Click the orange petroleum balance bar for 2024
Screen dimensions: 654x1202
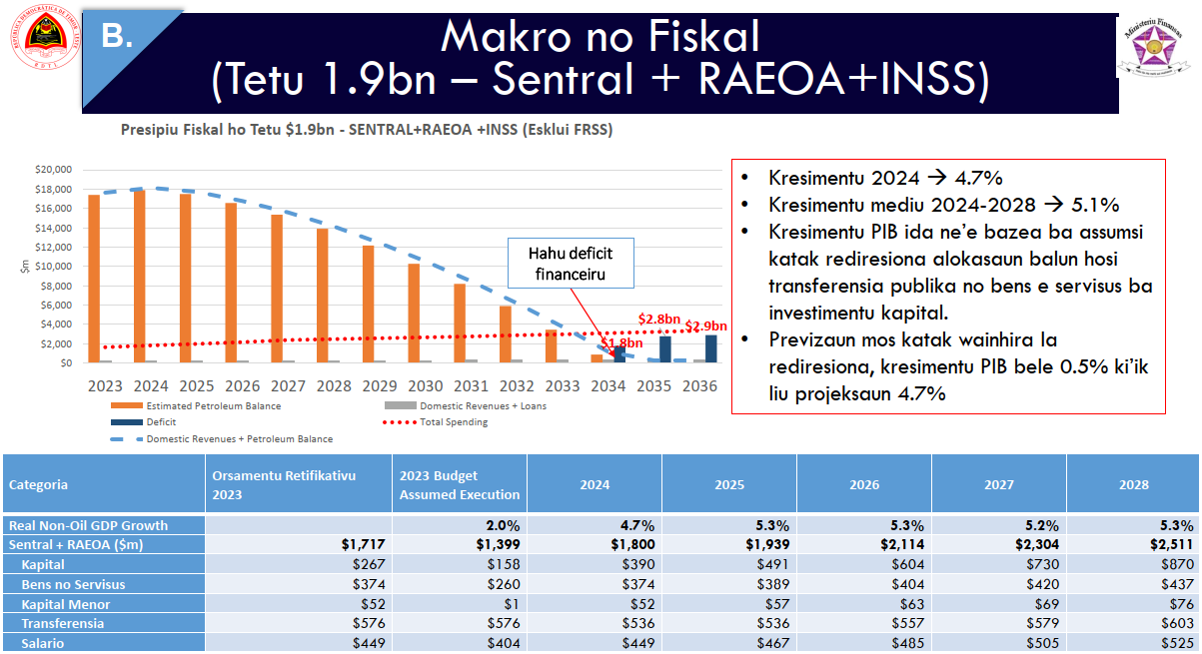(x=139, y=277)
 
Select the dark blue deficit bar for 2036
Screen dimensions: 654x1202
(x=710, y=348)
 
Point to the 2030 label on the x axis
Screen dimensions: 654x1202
(x=427, y=385)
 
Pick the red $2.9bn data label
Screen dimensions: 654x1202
(x=705, y=326)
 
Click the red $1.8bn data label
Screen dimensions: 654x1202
(x=621, y=342)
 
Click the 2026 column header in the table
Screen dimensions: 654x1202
(x=864, y=484)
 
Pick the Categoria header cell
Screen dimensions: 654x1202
(x=39, y=484)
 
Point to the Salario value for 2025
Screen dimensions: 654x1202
(x=768, y=643)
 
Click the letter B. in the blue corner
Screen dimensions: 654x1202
(x=118, y=37)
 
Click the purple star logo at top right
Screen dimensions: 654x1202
(x=1156, y=50)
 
